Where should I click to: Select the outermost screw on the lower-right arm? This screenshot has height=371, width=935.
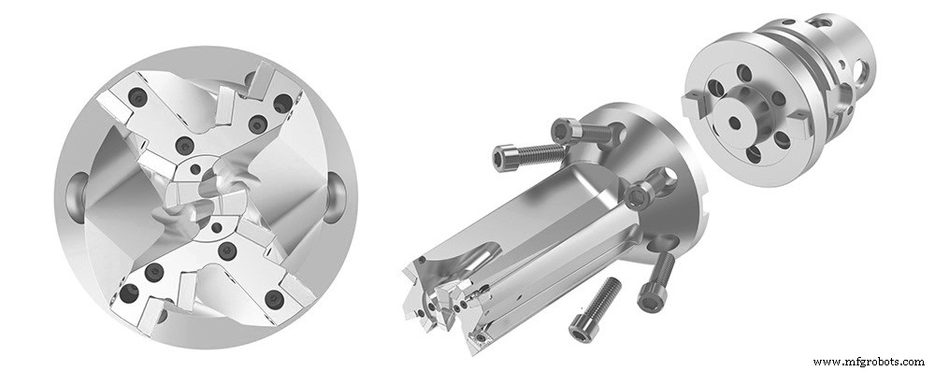click(274, 299)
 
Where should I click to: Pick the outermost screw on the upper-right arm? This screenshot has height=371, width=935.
click(281, 104)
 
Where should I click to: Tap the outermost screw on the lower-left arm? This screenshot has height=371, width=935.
click(127, 295)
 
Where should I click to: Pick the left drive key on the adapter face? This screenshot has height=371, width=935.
click(693, 104)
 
